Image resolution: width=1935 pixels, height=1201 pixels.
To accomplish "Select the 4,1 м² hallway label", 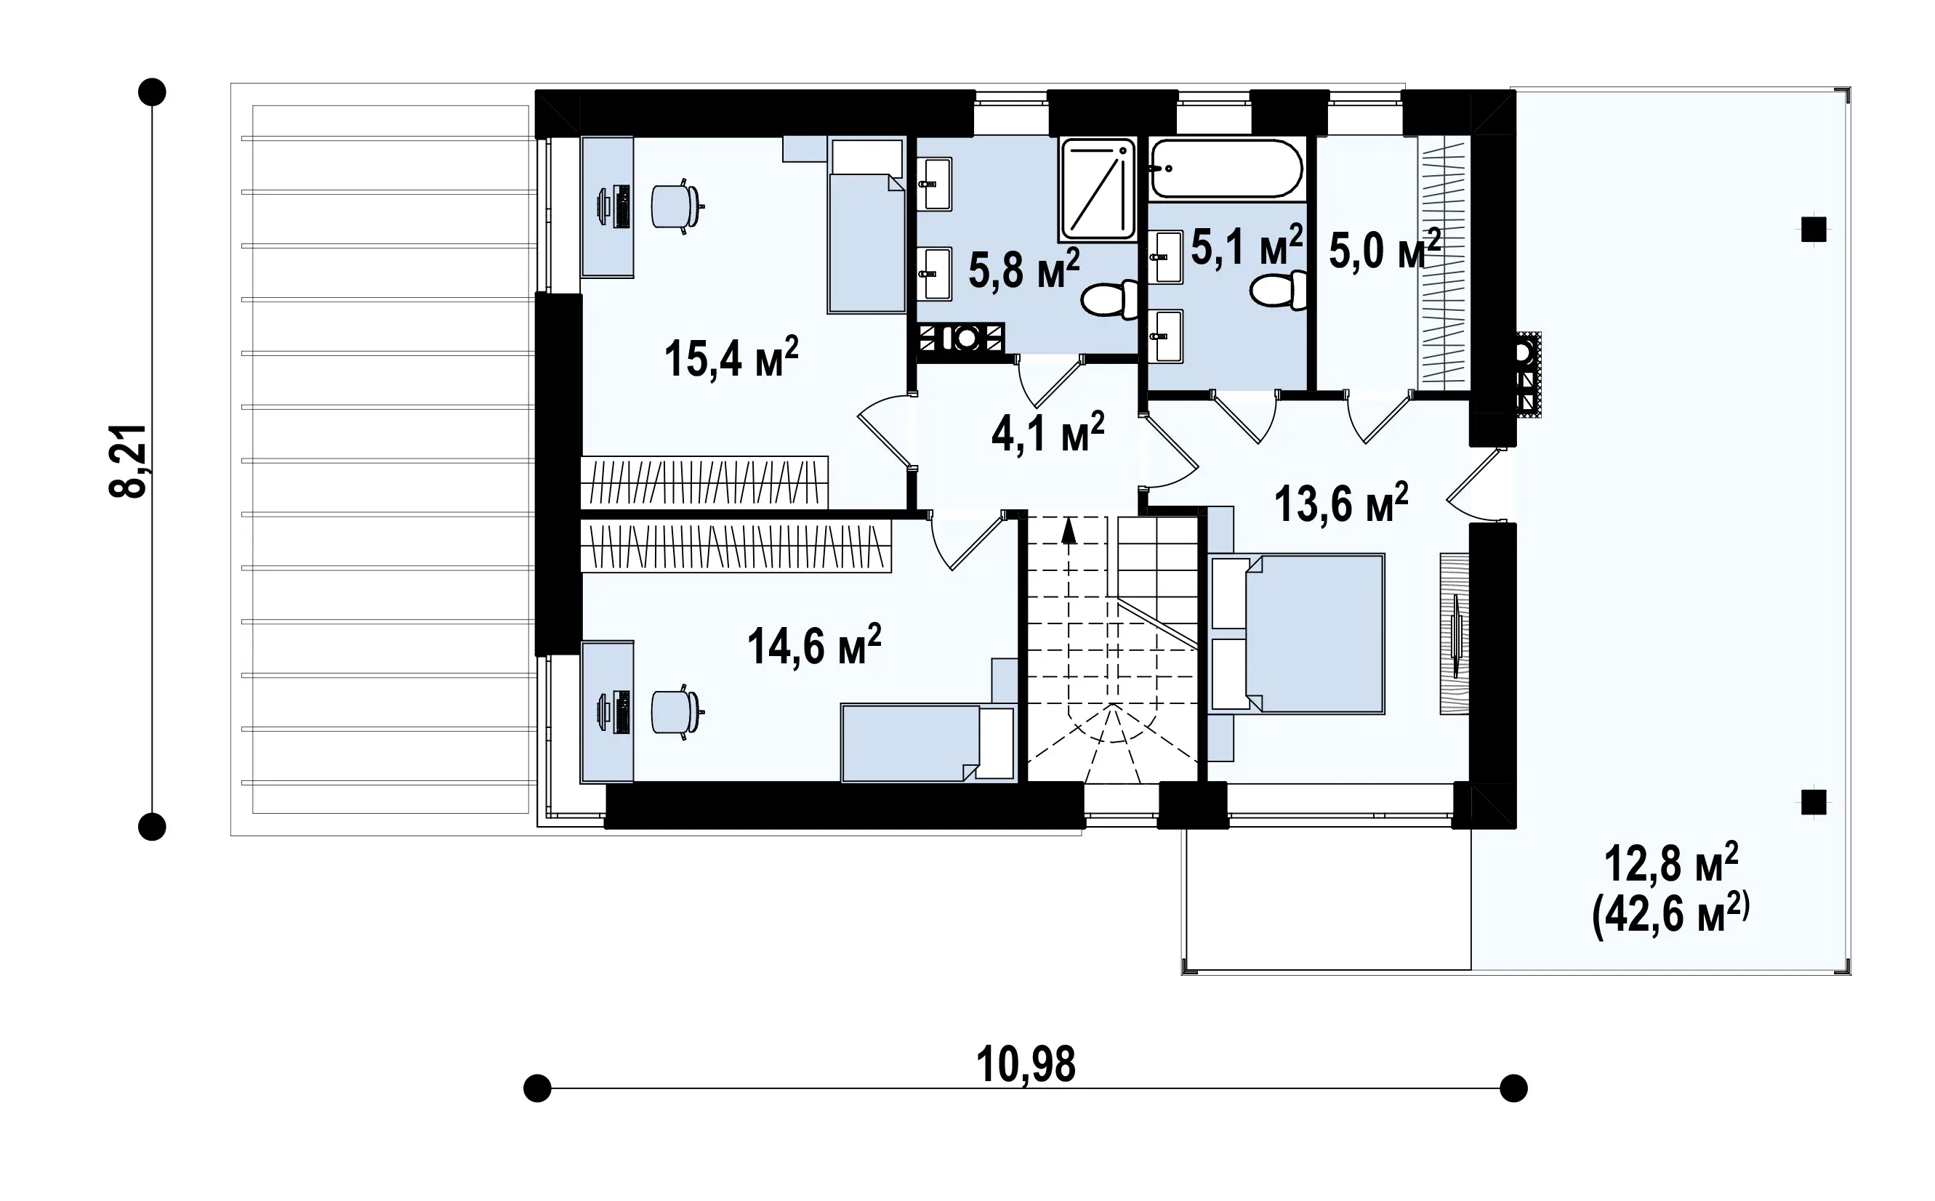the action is click(x=1048, y=433).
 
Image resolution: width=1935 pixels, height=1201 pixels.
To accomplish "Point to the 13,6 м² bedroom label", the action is click(x=1341, y=503).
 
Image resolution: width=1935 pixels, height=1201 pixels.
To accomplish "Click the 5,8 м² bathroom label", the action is click(x=1024, y=269).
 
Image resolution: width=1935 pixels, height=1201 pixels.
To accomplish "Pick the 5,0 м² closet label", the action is click(x=1384, y=250).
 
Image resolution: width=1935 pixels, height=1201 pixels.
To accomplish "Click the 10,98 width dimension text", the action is click(x=1026, y=1064).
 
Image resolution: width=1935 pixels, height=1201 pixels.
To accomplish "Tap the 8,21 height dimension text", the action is click(x=129, y=461).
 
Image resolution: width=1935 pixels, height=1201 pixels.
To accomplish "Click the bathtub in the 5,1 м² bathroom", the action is click(x=1227, y=169).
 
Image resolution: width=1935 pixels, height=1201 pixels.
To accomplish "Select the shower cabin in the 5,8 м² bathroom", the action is click(x=1098, y=189).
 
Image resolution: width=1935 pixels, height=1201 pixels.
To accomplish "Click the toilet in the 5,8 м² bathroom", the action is click(x=1109, y=300).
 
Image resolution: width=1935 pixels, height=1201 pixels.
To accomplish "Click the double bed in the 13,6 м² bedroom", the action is click(x=1298, y=634).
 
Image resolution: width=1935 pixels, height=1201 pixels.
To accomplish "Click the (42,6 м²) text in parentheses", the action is click(x=1670, y=915).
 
